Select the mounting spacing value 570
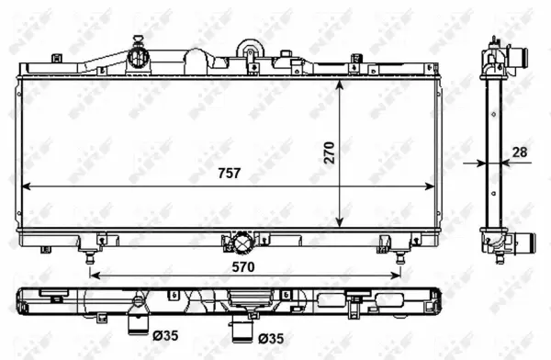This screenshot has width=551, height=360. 242,265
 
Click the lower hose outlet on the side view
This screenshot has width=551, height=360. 523,244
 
